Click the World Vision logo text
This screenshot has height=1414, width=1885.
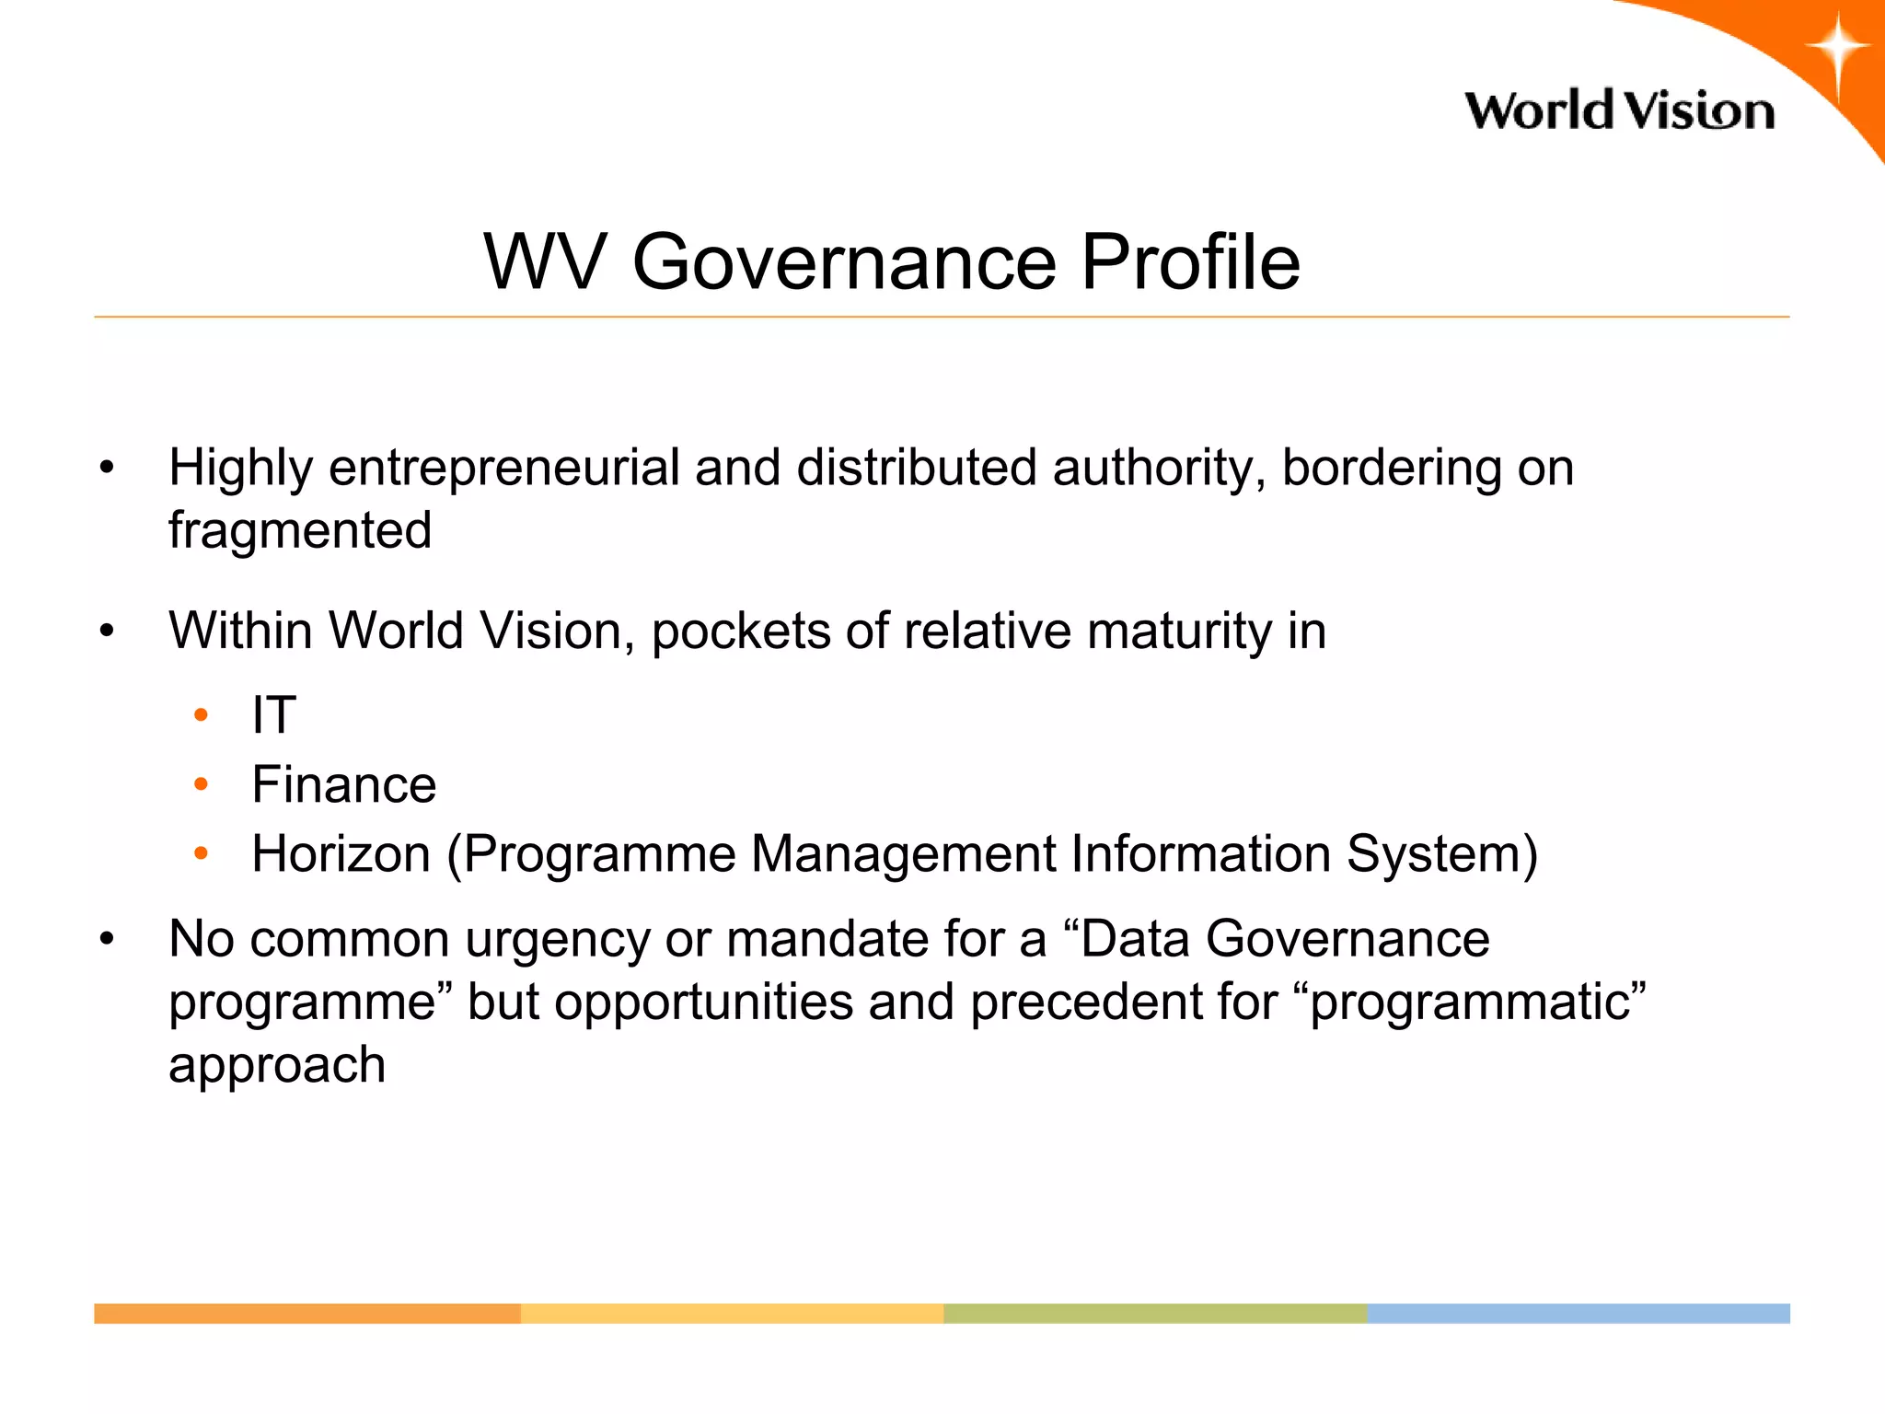pos(1619,111)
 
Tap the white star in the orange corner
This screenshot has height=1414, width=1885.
pos(1836,48)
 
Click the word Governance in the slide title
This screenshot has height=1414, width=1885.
pos(844,262)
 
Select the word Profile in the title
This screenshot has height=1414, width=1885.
pos(1190,262)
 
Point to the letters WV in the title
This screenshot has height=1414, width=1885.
pos(545,262)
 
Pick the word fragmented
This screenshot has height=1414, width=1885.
pos(300,530)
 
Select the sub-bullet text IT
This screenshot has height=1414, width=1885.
pos(273,715)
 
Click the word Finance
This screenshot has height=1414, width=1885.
pos(343,785)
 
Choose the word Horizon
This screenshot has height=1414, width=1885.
pos(341,854)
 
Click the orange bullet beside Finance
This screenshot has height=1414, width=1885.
pos(202,784)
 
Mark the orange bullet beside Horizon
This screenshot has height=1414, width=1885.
pos(202,853)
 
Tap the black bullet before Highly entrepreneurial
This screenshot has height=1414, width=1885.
pos(108,468)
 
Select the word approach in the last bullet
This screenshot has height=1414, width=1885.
pos(277,1066)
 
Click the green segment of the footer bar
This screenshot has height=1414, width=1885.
pos(1155,1314)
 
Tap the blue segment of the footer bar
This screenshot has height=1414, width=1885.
pos(1579,1314)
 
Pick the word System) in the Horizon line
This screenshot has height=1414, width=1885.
pos(1441,854)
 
